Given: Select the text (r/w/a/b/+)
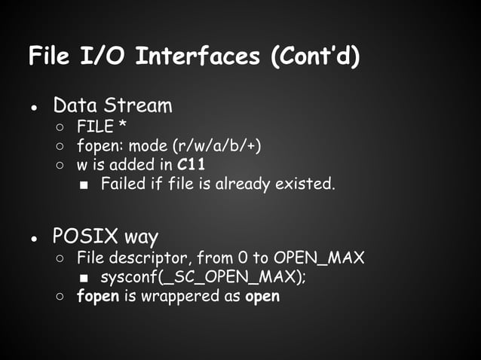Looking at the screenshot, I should coord(219,145).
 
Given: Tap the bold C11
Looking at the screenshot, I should coord(193,164).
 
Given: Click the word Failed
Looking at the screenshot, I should coord(124,184).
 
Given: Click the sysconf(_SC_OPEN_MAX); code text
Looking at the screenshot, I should coord(204,277).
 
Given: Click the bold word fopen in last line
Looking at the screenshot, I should coord(98,296).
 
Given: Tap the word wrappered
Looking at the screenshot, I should coord(185,296).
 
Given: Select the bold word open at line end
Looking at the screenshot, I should coord(262,297).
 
